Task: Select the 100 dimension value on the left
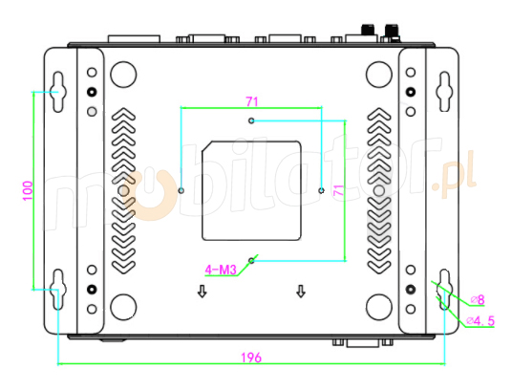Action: point(27,189)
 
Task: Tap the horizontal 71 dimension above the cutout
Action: point(251,100)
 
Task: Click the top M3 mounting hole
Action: point(251,121)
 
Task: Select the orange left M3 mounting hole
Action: point(181,190)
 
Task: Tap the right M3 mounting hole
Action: point(321,190)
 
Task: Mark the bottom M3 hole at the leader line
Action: point(251,259)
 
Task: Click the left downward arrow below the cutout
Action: point(202,292)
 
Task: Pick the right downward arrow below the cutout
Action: point(302,292)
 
